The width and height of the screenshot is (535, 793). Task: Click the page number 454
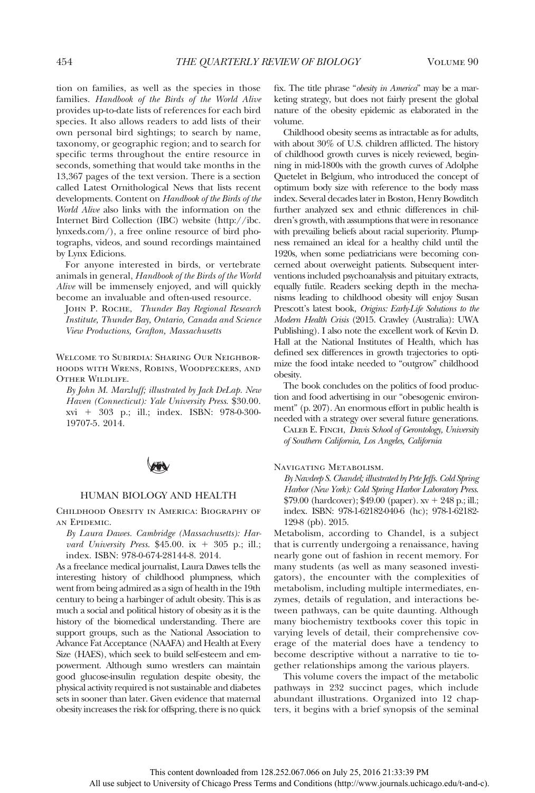(x=64, y=62)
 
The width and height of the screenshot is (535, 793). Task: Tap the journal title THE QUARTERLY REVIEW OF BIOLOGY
(x=268, y=62)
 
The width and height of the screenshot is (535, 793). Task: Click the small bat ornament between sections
(x=158, y=466)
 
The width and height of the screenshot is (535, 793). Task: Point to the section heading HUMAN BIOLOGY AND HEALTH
(x=158, y=495)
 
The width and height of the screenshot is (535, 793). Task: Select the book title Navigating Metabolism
(x=328, y=467)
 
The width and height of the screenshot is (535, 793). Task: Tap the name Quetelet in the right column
(x=290, y=177)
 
